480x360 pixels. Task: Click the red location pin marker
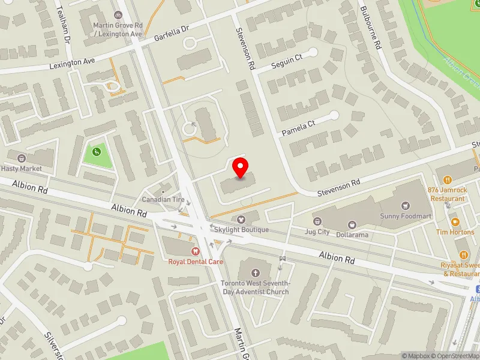coord(241,167)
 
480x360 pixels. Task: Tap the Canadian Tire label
coord(161,199)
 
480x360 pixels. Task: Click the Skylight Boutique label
coord(244,230)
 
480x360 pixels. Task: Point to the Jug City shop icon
coord(317,221)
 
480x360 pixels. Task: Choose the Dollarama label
coord(352,235)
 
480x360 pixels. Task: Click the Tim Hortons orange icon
coord(455,222)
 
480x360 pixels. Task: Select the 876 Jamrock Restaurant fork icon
coord(447,179)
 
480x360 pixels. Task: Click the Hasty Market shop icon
coord(22,159)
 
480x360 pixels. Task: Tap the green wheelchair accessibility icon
coord(96,152)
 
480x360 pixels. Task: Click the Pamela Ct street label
coord(299,127)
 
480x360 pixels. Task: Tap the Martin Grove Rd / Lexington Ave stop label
coord(118,29)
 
